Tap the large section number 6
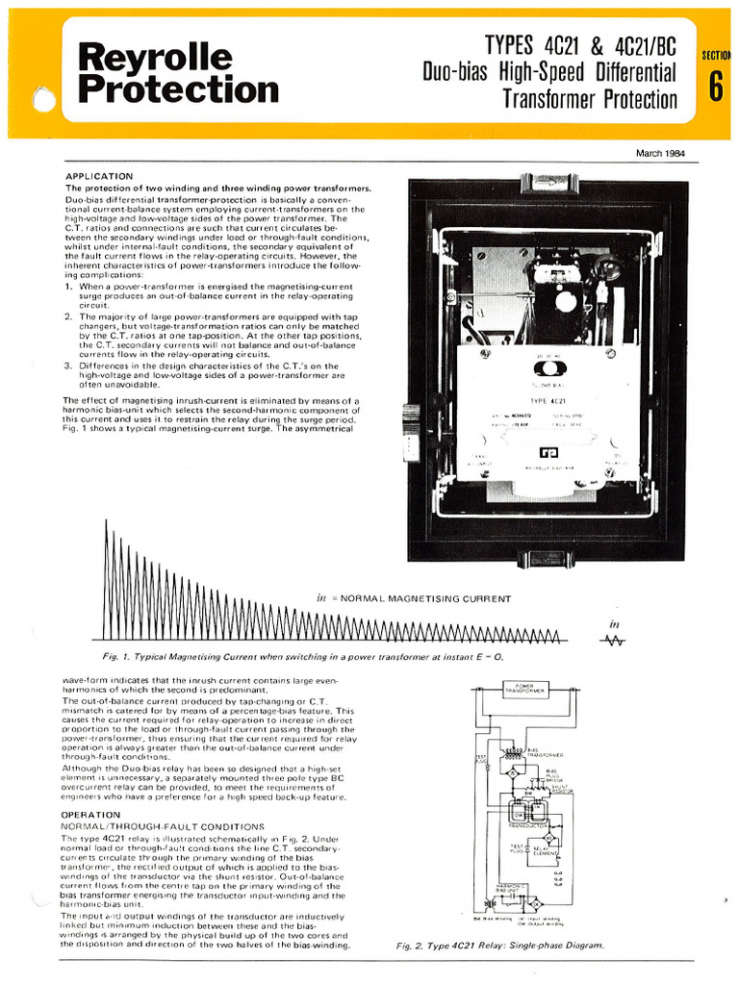pyautogui.click(x=716, y=87)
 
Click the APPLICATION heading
pyautogui.click(x=99, y=176)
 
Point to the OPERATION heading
pyautogui.click(x=91, y=814)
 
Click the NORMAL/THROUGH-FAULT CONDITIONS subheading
pyautogui.click(x=162, y=826)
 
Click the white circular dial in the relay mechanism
pyautogui.click(x=566, y=301)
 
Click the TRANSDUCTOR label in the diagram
pyautogui.click(x=528, y=824)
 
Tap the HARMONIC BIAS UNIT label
pyautogui.click(x=510, y=887)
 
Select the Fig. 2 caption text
pyautogui.click(x=500, y=946)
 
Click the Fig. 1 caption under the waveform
pyautogui.click(x=303, y=656)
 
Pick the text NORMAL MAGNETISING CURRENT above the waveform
pyautogui.click(x=420, y=598)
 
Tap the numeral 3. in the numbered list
pyautogui.click(x=68, y=366)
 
